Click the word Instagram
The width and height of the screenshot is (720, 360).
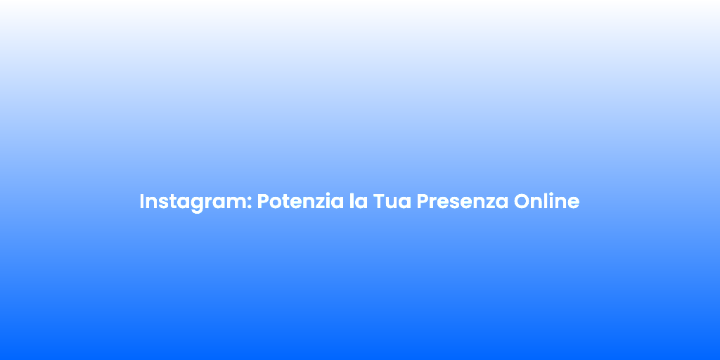[195, 202]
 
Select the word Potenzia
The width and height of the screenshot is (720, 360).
[300, 201]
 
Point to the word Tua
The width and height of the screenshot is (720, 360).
[392, 202]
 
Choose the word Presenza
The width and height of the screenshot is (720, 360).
[463, 202]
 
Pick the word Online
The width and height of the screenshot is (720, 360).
[546, 201]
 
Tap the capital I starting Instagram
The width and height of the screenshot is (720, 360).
[142, 202]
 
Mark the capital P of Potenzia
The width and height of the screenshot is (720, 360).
[263, 202]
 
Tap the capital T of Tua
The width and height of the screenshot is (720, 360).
[379, 202]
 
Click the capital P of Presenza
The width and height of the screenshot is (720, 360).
[423, 202]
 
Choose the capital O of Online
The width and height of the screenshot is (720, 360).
[522, 202]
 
